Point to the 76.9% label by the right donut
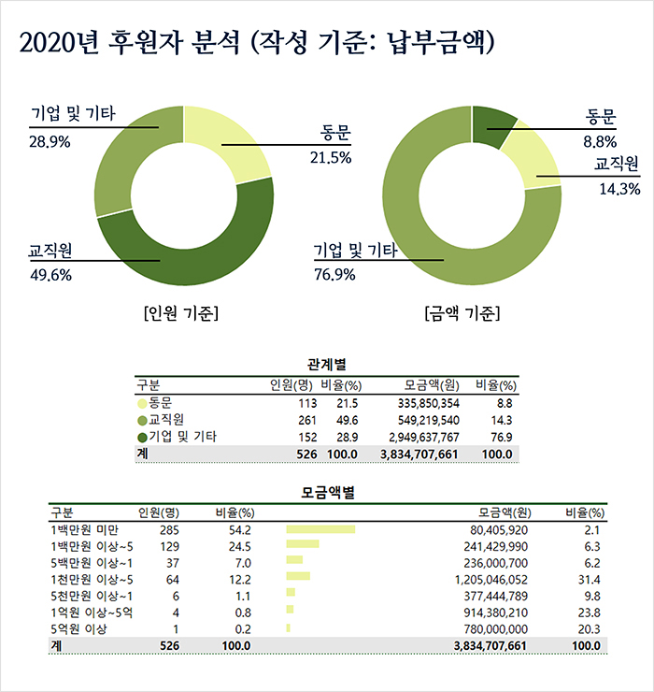[335, 274]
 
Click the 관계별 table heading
[327, 363]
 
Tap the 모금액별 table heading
[327, 491]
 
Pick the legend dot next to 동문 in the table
[142, 403]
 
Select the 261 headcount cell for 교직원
[306, 420]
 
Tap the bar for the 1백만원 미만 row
[320, 530]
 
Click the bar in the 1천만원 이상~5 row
[298, 576]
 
